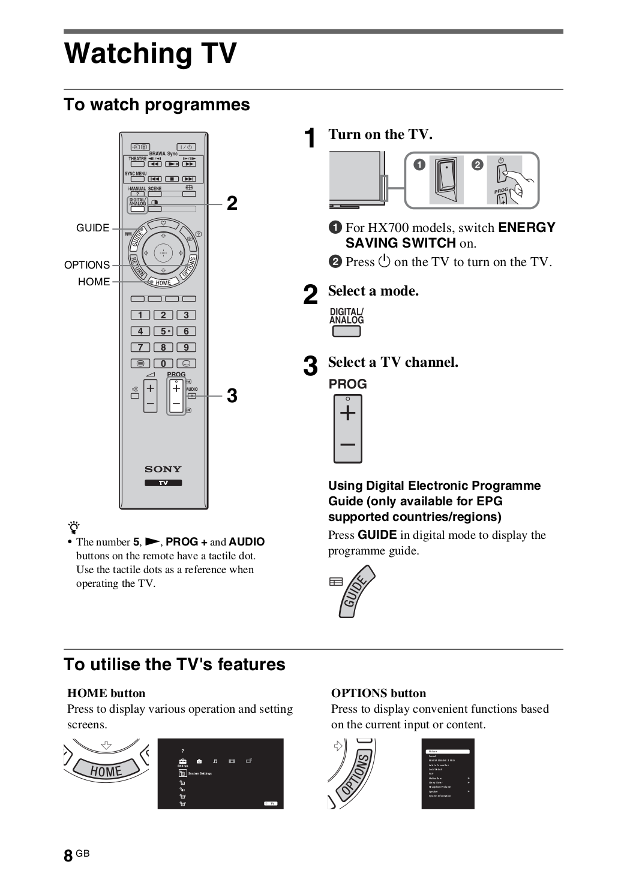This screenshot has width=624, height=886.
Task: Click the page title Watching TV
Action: coord(151,53)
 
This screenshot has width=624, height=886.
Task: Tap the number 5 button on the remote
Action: coord(163,331)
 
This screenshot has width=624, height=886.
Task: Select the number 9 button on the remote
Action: coord(186,347)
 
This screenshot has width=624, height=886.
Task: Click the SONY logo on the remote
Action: coord(163,469)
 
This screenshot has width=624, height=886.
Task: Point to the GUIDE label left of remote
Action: coord(93,228)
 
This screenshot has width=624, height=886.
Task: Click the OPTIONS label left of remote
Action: coord(87,265)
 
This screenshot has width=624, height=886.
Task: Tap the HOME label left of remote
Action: coord(94,282)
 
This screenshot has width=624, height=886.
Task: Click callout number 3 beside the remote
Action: coord(232,396)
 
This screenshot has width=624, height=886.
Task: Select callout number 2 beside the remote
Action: coord(232,204)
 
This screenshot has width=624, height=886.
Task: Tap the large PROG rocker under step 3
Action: coord(348,429)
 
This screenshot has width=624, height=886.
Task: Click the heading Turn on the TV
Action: coord(380,134)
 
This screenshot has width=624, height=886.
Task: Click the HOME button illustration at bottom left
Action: coord(106,770)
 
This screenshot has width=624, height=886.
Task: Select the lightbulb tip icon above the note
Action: coord(74,528)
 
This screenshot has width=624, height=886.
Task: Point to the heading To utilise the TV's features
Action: coord(175,664)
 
